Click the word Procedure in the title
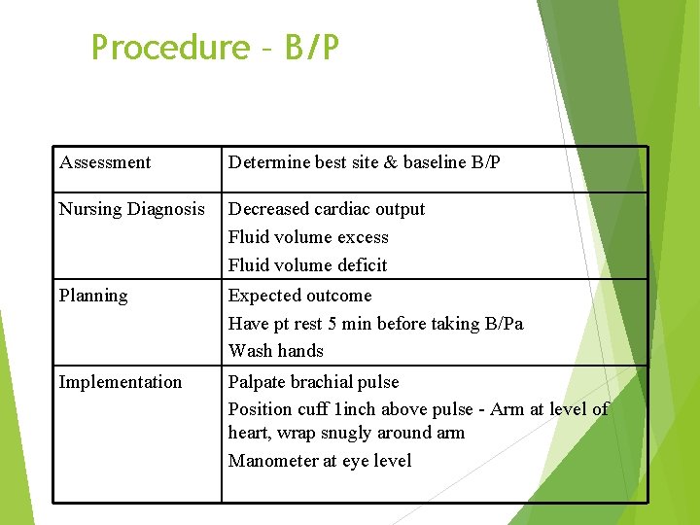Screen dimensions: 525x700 pyautogui.click(x=170, y=47)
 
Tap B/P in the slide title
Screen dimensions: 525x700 pyautogui.click(x=312, y=47)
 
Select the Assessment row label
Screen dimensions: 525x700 pyautogui.click(x=105, y=162)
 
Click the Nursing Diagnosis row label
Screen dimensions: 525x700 pyautogui.click(x=132, y=209)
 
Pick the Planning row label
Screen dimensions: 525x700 pyautogui.click(x=93, y=296)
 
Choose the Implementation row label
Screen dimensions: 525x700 pyautogui.click(x=121, y=382)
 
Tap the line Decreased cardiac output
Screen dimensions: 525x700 pyautogui.click(x=327, y=209)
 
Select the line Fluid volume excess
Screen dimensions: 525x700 pyautogui.click(x=308, y=237)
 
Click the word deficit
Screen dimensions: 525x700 pyautogui.click(x=362, y=265)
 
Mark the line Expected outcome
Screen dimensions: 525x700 pyautogui.click(x=299, y=296)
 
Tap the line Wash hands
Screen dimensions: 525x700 pyautogui.click(x=276, y=351)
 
